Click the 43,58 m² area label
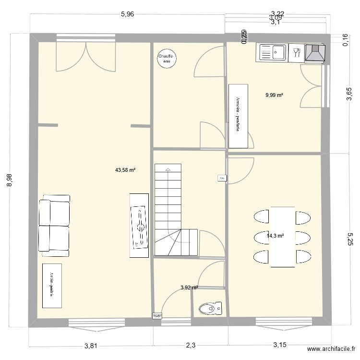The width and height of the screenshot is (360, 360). tap(125, 170)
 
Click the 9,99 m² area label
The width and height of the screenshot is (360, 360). tap(274, 95)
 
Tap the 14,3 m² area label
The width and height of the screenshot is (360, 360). tap(275, 236)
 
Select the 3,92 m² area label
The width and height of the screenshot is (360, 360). tap(189, 288)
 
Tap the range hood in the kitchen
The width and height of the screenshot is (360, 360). tap(314, 52)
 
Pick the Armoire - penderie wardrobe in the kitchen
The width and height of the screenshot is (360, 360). tap(238, 116)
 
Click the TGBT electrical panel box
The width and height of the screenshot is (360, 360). tap(157, 316)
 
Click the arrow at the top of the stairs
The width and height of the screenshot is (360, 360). tap(168, 169)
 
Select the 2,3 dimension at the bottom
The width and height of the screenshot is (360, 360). tap(191, 345)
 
